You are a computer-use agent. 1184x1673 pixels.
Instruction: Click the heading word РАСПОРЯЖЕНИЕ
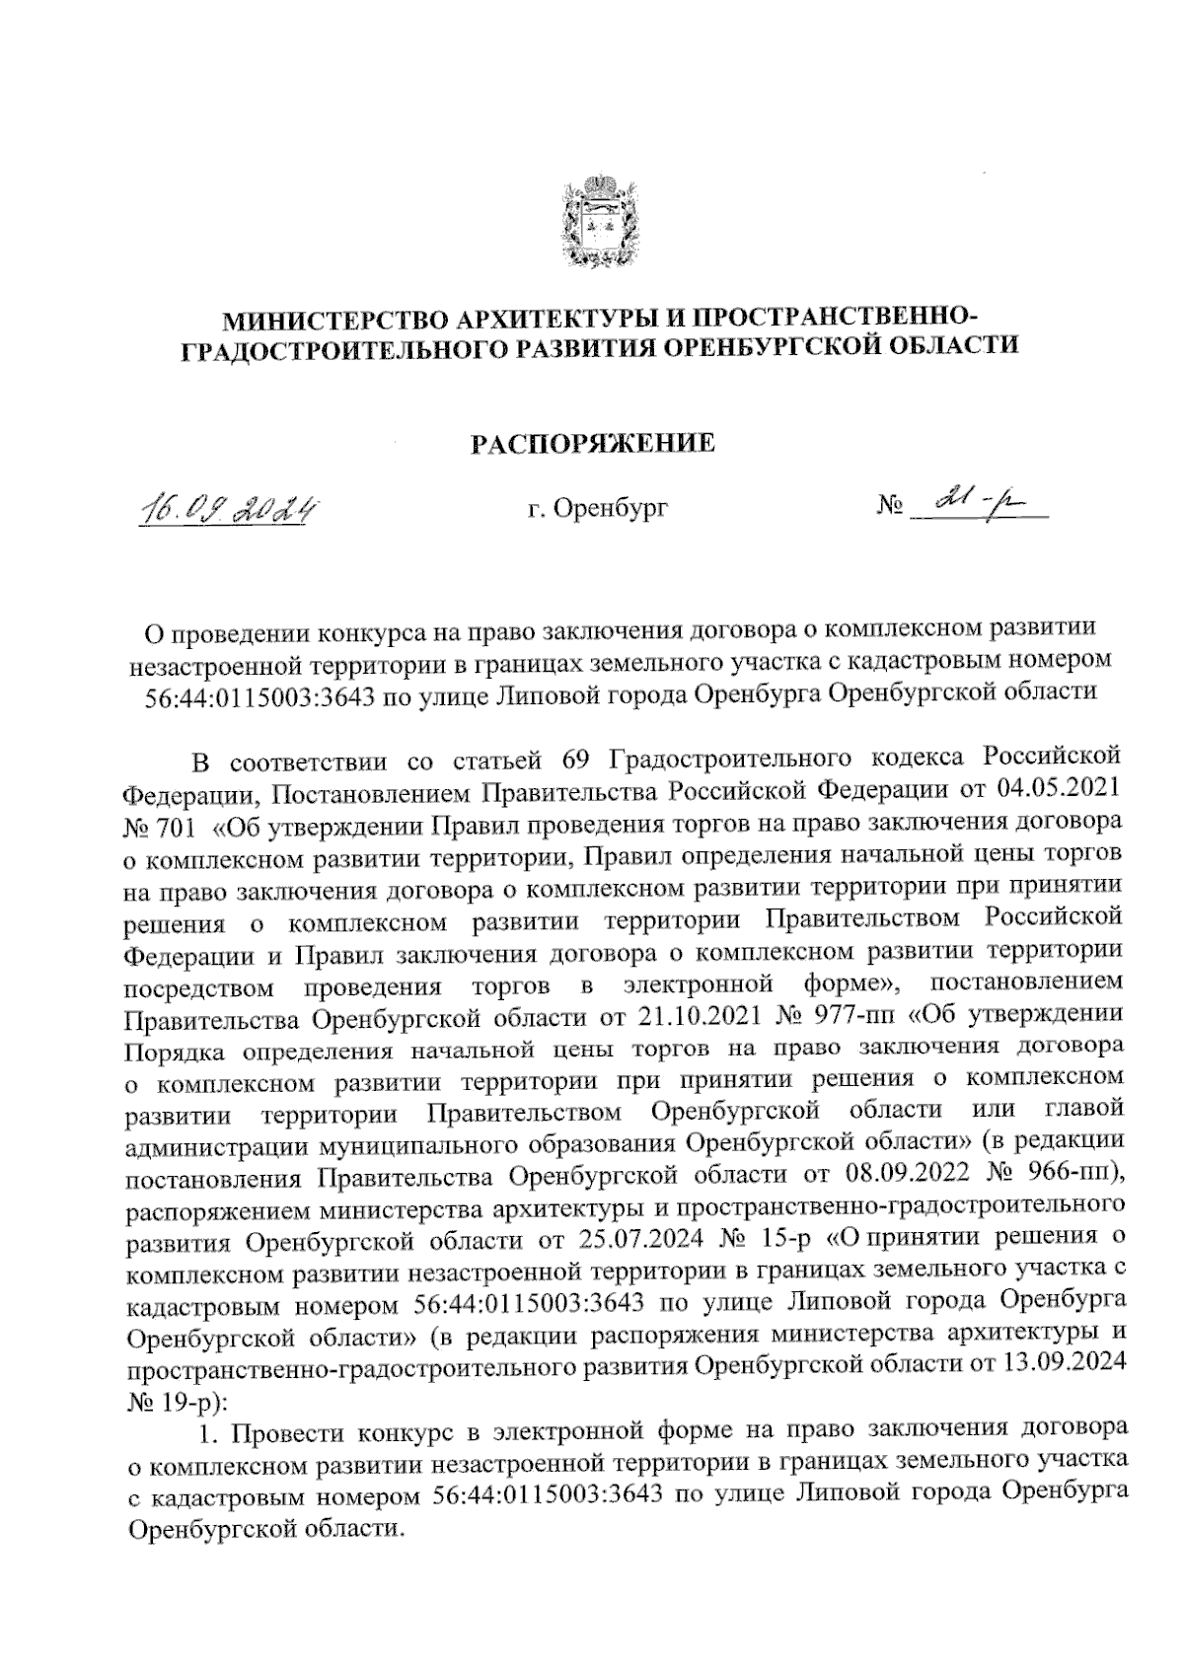pyautogui.click(x=591, y=445)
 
